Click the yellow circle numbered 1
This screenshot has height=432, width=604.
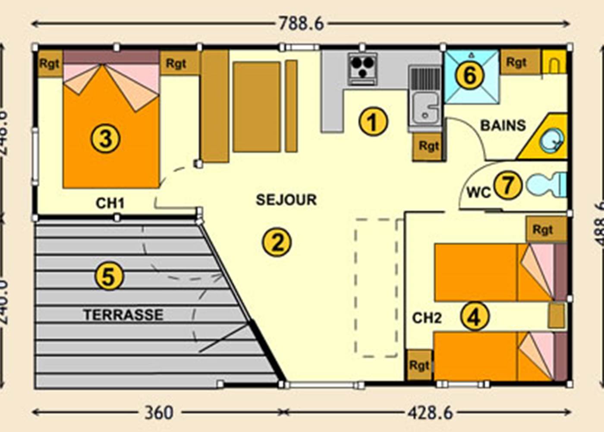coord(373,121)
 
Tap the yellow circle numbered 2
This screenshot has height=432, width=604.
coord(277,242)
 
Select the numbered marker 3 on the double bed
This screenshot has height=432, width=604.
coord(105,139)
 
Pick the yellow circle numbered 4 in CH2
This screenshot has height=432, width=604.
coord(475,317)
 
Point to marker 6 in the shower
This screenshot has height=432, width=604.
coord(470,75)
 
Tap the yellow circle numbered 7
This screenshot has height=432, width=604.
coord(507,185)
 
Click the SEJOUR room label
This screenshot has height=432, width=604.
coord(286,200)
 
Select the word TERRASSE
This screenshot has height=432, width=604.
coord(123,314)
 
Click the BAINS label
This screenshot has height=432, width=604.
coord(503,125)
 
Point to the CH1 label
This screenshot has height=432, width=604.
coord(110,203)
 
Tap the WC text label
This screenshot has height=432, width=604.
coord(478,192)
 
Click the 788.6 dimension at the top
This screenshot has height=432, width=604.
coord(301,23)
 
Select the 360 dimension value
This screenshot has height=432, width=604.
coord(159,413)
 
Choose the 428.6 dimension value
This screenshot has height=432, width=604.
coord(430,413)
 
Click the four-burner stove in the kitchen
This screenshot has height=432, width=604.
coord(362,68)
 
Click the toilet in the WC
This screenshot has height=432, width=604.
coord(546,185)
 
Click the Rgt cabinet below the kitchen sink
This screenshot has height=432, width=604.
coord(428,146)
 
